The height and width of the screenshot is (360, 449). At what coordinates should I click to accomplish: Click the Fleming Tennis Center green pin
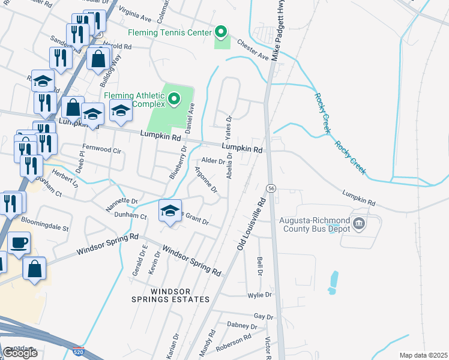coord(221,31)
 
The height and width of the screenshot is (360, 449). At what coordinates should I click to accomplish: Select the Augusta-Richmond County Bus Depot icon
coord(359,224)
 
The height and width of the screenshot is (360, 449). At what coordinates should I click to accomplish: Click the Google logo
coord(20,353)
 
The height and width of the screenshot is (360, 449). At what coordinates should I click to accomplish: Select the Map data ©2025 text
coord(423,355)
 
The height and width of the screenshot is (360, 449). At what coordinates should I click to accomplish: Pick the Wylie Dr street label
coord(260,295)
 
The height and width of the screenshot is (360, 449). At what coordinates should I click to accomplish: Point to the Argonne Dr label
coord(205,179)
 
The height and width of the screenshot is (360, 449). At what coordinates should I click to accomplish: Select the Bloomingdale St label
coord(45,229)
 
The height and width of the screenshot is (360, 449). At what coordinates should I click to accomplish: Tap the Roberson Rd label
coord(234,342)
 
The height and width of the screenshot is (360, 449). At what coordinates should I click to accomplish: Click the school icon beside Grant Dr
coord(170,211)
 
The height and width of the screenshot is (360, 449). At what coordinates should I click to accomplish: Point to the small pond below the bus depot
coord(333,282)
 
